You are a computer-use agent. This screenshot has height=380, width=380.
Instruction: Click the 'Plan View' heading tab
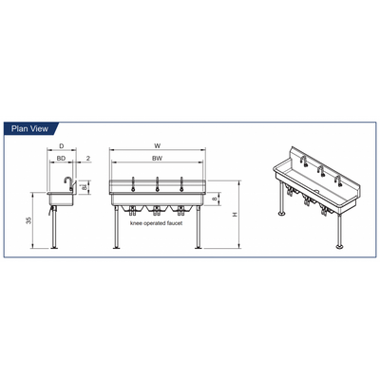(x=29, y=128)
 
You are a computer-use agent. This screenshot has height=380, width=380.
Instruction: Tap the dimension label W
(x=157, y=146)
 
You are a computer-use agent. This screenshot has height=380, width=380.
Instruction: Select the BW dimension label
(x=157, y=159)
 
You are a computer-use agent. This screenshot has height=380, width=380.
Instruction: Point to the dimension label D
(x=62, y=146)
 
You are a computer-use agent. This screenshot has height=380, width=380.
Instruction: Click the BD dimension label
(x=61, y=159)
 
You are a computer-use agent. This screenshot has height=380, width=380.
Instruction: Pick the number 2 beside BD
(x=88, y=159)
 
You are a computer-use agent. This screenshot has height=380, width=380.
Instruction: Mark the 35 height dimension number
(x=28, y=220)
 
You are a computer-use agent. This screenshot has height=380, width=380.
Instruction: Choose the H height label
(x=235, y=215)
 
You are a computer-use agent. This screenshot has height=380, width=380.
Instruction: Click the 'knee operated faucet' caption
(x=156, y=223)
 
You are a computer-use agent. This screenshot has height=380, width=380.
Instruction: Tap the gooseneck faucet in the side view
(x=68, y=183)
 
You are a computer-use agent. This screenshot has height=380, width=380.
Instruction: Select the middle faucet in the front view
(x=157, y=184)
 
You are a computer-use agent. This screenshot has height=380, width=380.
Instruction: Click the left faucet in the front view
(x=133, y=184)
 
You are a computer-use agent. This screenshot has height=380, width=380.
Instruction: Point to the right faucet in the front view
(x=181, y=184)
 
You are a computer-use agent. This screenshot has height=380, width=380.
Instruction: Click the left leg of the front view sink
(x=117, y=227)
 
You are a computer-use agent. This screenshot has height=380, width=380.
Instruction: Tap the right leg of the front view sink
(x=199, y=227)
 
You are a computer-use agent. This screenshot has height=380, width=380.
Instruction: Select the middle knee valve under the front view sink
(x=156, y=209)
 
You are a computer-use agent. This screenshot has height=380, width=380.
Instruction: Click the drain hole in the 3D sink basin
(x=316, y=191)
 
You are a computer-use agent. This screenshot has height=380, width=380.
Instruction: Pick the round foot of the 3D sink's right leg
(x=340, y=246)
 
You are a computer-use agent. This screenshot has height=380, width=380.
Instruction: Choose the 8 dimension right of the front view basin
(x=215, y=199)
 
